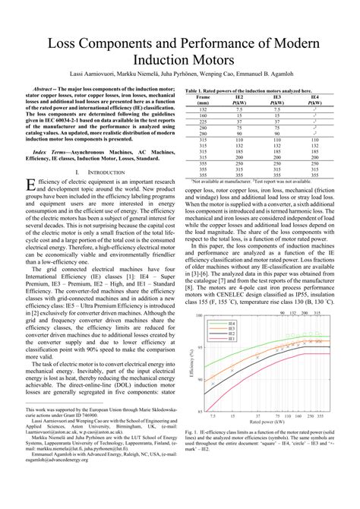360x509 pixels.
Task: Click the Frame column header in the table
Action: coord(203,97)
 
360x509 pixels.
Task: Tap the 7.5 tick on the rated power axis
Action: coord(213,417)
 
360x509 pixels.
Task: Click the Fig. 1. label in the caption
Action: coord(191,432)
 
